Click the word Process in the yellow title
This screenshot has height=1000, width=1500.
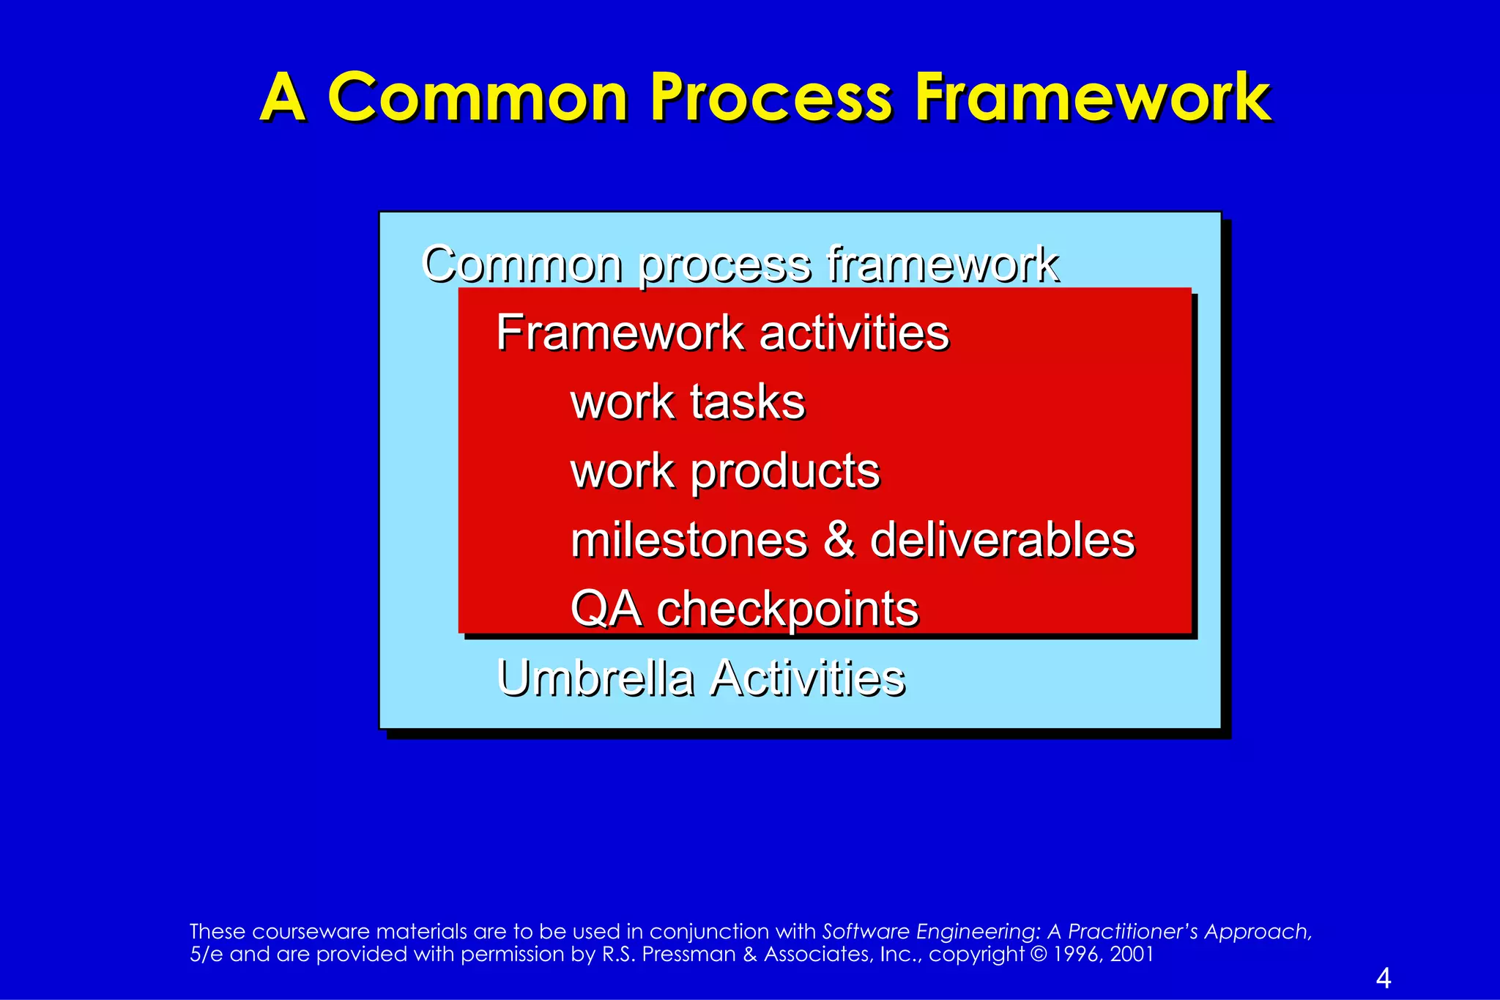[x=771, y=99]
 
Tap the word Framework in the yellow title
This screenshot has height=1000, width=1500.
[x=1093, y=97]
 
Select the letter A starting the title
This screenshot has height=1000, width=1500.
[x=283, y=97]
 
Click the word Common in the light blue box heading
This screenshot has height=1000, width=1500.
[x=521, y=264]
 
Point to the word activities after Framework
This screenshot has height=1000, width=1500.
[x=854, y=333]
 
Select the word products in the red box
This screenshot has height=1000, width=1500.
[x=785, y=471]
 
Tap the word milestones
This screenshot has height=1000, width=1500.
[x=689, y=540]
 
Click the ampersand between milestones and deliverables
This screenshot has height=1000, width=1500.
[x=839, y=540]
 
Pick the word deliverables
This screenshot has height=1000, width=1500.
[x=1002, y=540]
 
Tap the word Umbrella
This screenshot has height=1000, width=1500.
[x=595, y=678]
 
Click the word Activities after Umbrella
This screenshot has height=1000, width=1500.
[x=808, y=678]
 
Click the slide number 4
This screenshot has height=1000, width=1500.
[x=1384, y=978]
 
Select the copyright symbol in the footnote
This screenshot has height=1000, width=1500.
[x=1038, y=955]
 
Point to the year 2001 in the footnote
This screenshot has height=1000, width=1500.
[x=1132, y=955]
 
